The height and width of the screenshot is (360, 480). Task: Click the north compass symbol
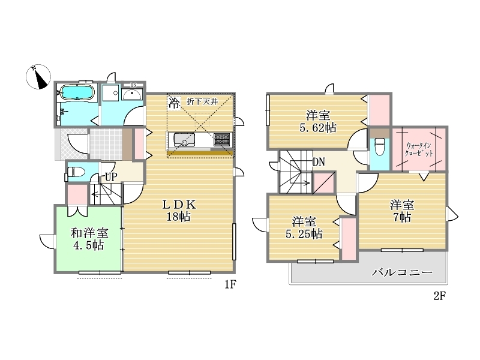(38, 77)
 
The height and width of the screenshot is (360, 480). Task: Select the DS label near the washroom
(133, 85)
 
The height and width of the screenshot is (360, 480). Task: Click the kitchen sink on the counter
(184, 140)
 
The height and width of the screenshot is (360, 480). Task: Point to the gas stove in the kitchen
(221, 140)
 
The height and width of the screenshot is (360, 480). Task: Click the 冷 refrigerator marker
(174, 103)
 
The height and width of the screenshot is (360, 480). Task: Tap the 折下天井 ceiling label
(202, 101)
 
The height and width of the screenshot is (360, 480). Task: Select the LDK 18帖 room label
(179, 211)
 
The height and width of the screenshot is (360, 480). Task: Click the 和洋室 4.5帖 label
(89, 239)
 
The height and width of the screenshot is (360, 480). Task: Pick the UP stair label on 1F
(111, 177)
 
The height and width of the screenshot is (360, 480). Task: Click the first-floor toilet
(76, 172)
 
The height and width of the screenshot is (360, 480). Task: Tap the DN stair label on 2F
(319, 162)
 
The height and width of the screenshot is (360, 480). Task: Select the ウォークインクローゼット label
(419, 149)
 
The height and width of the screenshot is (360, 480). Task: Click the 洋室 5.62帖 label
(318, 122)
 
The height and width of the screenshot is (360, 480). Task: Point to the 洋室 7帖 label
(402, 211)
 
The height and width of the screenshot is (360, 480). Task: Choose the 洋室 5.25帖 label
(304, 227)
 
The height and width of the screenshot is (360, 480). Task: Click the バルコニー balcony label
(402, 272)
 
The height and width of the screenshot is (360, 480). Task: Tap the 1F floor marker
(230, 284)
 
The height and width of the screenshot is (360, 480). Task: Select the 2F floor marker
(440, 296)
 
